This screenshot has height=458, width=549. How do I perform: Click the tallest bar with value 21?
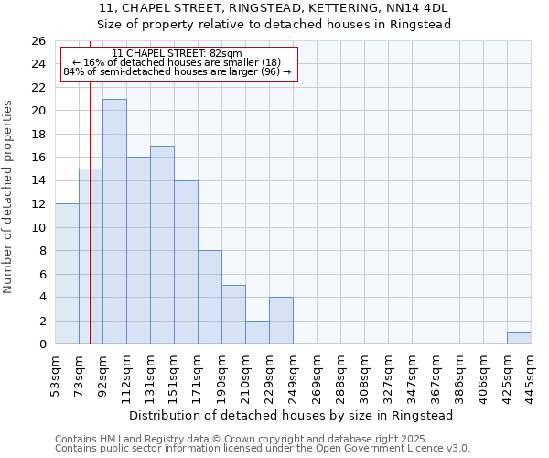(114, 222)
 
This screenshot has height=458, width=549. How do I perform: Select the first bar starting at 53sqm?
(67, 274)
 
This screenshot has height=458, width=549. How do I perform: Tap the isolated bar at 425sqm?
(519, 338)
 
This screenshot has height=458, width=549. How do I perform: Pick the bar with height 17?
(162, 245)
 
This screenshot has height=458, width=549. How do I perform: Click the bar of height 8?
(210, 297)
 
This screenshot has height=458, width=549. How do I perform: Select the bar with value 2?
(257, 333)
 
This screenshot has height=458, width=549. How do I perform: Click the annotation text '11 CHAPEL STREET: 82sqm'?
(178, 54)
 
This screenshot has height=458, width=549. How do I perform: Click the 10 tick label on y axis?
(38, 227)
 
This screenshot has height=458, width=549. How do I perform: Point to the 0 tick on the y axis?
(41, 344)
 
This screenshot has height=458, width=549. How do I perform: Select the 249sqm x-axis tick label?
(293, 376)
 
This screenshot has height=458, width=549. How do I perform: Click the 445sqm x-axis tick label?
(531, 376)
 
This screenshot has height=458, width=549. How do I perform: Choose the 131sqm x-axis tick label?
(150, 376)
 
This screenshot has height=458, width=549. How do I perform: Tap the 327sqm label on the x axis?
(388, 376)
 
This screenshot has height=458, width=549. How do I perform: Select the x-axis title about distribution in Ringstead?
(292, 415)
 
